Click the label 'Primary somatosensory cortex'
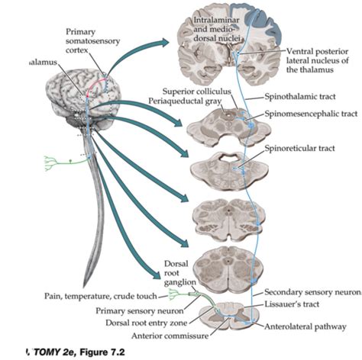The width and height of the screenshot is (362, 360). tap(86, 40)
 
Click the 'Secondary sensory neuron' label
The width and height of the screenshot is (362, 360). tap(311, 292)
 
